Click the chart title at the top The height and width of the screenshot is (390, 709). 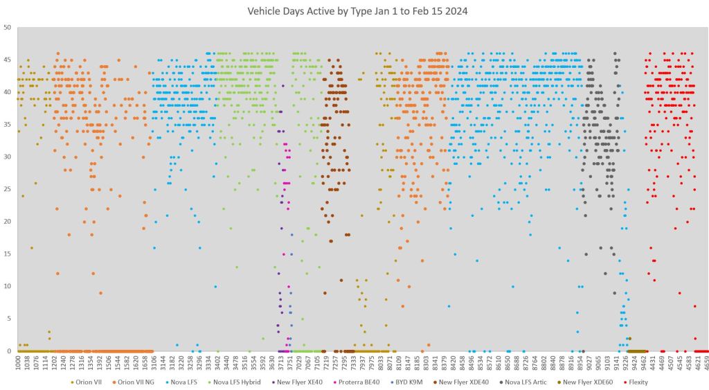pyautogui.click(x=354, y=12)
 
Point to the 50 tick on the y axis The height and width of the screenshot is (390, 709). pyautogui.click(x=7, y=28)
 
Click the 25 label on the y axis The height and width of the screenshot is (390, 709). pyautogui.click(x=7, y=189)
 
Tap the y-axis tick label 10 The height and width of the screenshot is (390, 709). pyautogui.click(x=7, y=286)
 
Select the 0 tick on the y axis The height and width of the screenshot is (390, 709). pyautogui.click(x=9, y=351)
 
